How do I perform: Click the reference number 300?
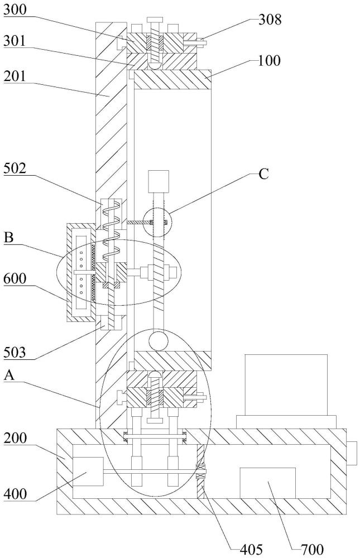point(15,9)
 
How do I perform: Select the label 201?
point(15,76)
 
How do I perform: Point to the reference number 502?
point(15,169)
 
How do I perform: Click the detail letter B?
point(9,237)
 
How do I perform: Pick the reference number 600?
point(15,278)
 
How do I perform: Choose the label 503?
point(15,352)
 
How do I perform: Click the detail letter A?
point(9,375)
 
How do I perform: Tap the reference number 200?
point(15,438)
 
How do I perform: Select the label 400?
point(15,494)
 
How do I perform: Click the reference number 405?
point(251,549)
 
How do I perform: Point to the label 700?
point(313,549)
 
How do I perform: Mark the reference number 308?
point(270,20)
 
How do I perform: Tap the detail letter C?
point(263,174)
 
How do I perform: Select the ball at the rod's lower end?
point(158,341)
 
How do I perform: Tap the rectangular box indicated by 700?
point(268,483)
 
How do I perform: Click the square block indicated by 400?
point(88,472)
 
